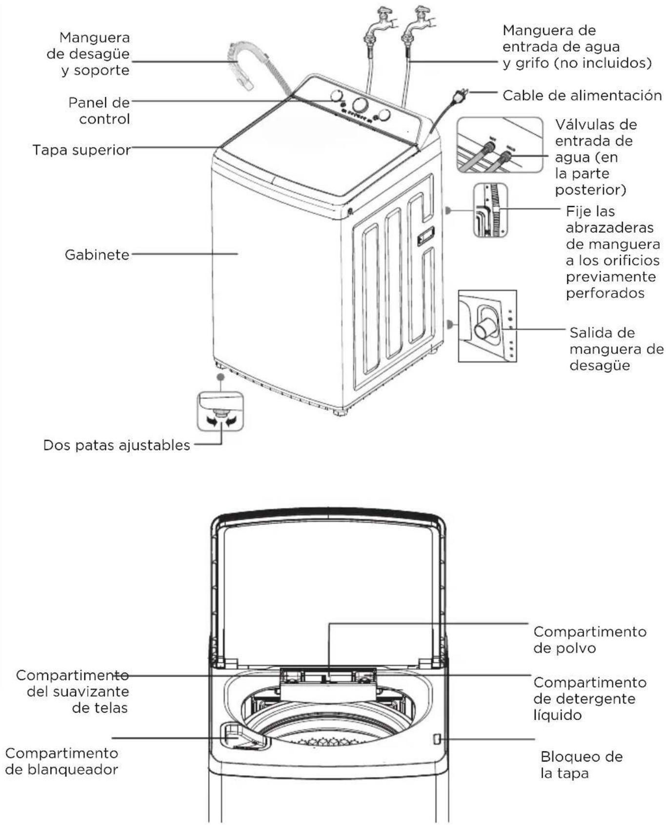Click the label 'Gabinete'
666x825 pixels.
97,254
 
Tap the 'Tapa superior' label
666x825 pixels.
81,149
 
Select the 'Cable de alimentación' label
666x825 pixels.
582,95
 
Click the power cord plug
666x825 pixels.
459,96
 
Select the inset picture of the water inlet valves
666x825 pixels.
500,145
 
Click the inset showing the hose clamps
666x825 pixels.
490,210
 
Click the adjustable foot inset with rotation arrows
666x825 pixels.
220,411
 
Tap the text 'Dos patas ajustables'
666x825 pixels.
117,445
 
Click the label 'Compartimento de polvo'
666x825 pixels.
590,639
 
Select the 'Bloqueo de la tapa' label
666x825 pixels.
582,765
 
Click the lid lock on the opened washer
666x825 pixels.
437,739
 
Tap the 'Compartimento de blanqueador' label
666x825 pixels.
62,761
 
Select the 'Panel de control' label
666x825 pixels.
99,111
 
